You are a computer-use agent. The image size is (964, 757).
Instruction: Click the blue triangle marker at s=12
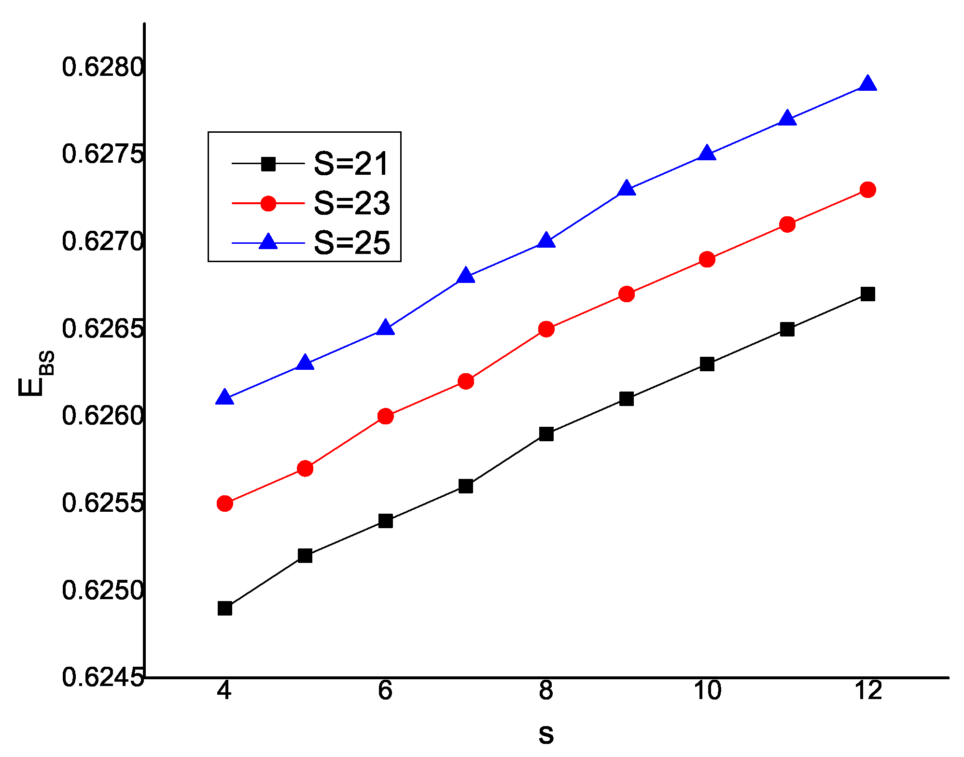tap(867, 84)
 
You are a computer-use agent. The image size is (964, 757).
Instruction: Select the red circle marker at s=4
tap(225, 504)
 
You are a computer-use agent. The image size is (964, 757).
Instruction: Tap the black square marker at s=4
tap(225, 608)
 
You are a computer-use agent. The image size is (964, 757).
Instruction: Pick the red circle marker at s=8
tap(546, 329)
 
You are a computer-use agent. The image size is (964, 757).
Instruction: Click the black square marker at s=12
tap(867, 294)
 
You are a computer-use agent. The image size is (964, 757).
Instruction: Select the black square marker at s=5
tap(305, 556)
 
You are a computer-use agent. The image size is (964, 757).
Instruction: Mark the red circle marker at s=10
tap(707, 260)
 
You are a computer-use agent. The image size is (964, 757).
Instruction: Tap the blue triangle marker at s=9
tap(626, 188)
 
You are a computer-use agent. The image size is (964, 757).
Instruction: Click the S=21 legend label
tap(351, 164)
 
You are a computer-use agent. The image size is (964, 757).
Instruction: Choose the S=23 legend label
tap(351, 203)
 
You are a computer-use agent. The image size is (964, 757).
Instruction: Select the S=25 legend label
tap(351, 242)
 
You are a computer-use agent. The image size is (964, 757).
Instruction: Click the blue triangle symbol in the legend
tap(268, 241)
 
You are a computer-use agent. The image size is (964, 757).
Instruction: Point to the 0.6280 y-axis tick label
tap(103, 67)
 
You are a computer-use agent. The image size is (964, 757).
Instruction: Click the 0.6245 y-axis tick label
tap(103, 677)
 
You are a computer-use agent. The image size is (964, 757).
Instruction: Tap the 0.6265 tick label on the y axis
tap(103, 329)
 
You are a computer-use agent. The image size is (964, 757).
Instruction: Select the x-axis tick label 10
tap(707, 691)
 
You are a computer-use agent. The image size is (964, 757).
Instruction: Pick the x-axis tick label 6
tap(385, 691)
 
